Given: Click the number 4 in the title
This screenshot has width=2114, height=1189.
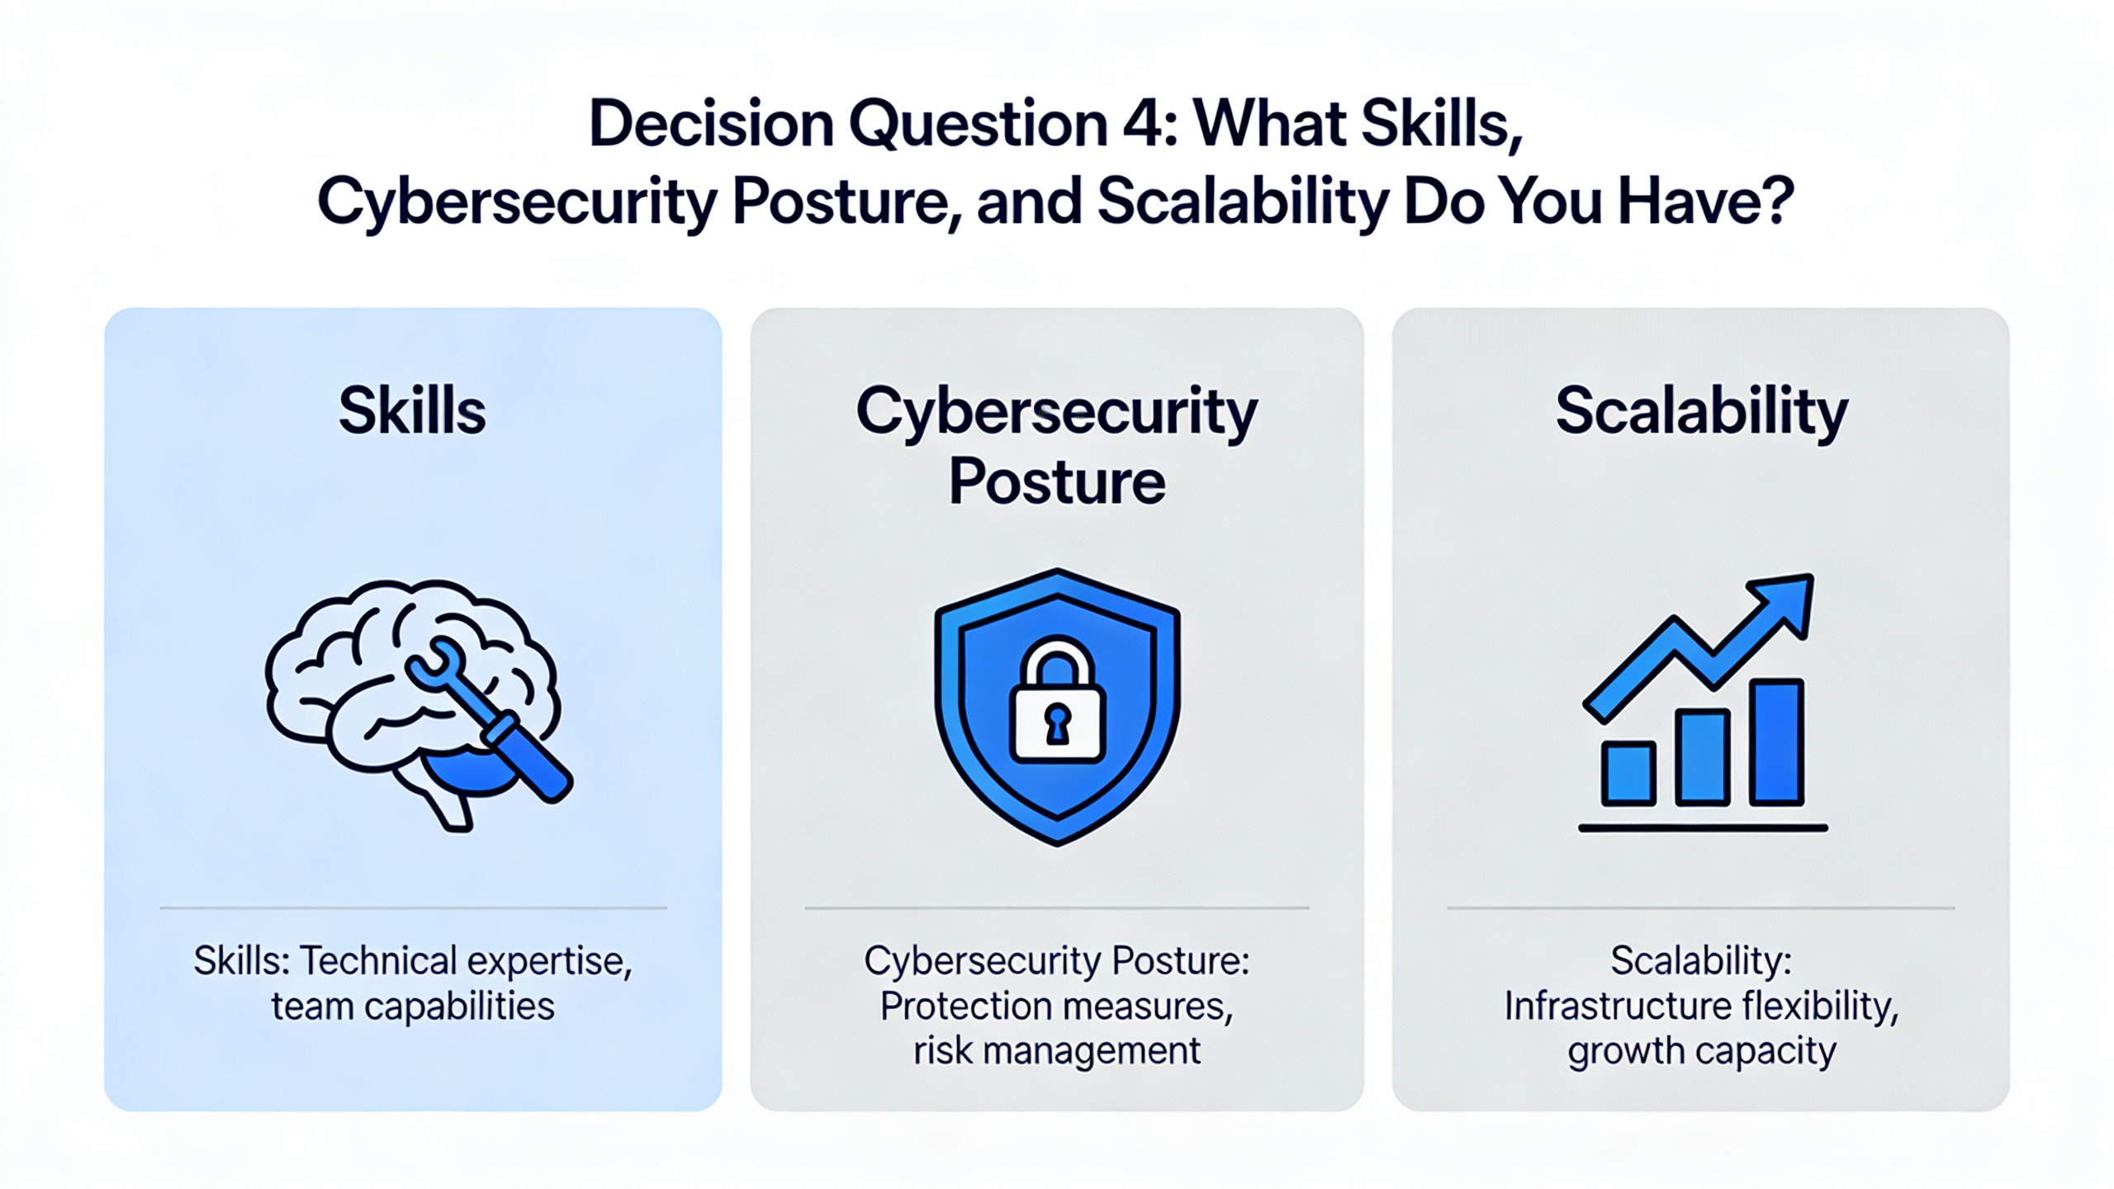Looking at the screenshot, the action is (x=1138, y=124).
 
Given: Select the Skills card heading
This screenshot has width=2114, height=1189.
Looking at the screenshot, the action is (x=412, y=410).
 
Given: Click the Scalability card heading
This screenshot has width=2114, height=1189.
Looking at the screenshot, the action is (x=1701, y=413).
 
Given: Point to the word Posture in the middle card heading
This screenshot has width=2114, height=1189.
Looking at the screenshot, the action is (x=1057, y=481).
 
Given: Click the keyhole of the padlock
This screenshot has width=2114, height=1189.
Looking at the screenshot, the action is (x=1057, y=724).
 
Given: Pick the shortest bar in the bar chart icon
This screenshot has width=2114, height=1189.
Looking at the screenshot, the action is (x=1628, y=773).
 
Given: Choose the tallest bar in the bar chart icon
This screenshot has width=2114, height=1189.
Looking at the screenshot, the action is (x=1776, y=741).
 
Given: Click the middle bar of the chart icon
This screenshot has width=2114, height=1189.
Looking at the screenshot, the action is (x=1702, y=757).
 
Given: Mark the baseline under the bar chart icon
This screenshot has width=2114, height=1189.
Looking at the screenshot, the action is (x=1703, y=827).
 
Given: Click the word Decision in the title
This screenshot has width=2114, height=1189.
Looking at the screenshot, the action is (x=711, y=124).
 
